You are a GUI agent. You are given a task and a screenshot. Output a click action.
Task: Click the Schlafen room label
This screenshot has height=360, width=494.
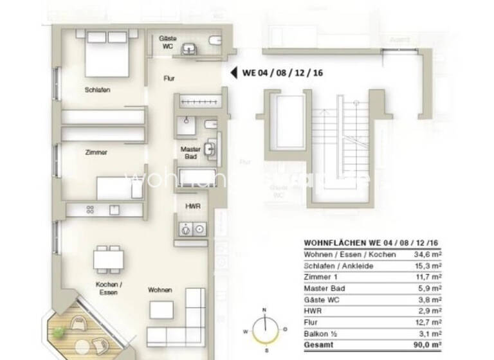tap(97, 90)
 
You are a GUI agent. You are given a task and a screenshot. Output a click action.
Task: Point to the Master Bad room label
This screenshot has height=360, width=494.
tap(190, 152)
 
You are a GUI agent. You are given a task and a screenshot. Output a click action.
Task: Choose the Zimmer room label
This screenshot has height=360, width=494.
tap(96, 152)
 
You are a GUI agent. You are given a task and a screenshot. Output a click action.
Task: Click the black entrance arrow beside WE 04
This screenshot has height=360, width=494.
tap(233, 72)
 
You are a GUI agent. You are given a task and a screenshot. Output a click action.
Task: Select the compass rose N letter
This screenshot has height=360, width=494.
tap(264, 310)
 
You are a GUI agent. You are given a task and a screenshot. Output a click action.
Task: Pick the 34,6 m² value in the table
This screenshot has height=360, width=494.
tap(430, 255)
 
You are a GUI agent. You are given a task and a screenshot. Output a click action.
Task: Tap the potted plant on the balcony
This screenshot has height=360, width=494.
tap(59, 332)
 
